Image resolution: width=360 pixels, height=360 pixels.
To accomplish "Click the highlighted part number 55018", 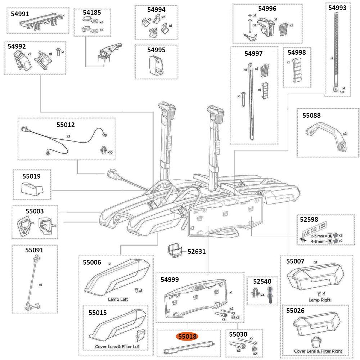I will [x=186, y=337].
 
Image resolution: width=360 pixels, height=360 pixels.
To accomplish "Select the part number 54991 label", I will [x=20, y=14].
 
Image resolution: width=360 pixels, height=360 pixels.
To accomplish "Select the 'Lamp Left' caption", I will [x=118, y=299].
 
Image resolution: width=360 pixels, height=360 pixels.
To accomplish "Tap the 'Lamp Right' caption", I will [x=319, y=300].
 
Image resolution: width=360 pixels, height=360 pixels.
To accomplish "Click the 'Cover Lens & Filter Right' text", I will [x=318, y=351].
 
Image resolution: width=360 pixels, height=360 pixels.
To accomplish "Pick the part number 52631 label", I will [x=197, y=252].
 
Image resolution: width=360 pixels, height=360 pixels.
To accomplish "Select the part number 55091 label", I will [x=34, y=250].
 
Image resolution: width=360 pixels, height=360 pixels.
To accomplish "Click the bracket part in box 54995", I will [x=156, y=66].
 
